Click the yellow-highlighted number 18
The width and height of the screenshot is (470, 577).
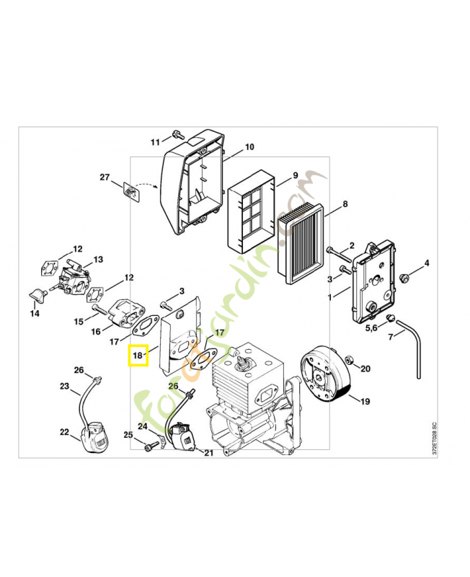tap(138, 355)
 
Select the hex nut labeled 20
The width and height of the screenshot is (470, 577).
tap(348, 360)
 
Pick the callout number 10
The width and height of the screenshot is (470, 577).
tap(249, 147)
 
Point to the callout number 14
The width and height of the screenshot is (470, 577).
tap(35, 314)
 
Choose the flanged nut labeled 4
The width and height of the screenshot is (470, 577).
tap(405, 276)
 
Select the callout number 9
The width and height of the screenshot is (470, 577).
tap(294, 176)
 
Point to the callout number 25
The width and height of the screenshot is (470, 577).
tap(128, 434)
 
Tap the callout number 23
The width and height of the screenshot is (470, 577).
tap(64, 387)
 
